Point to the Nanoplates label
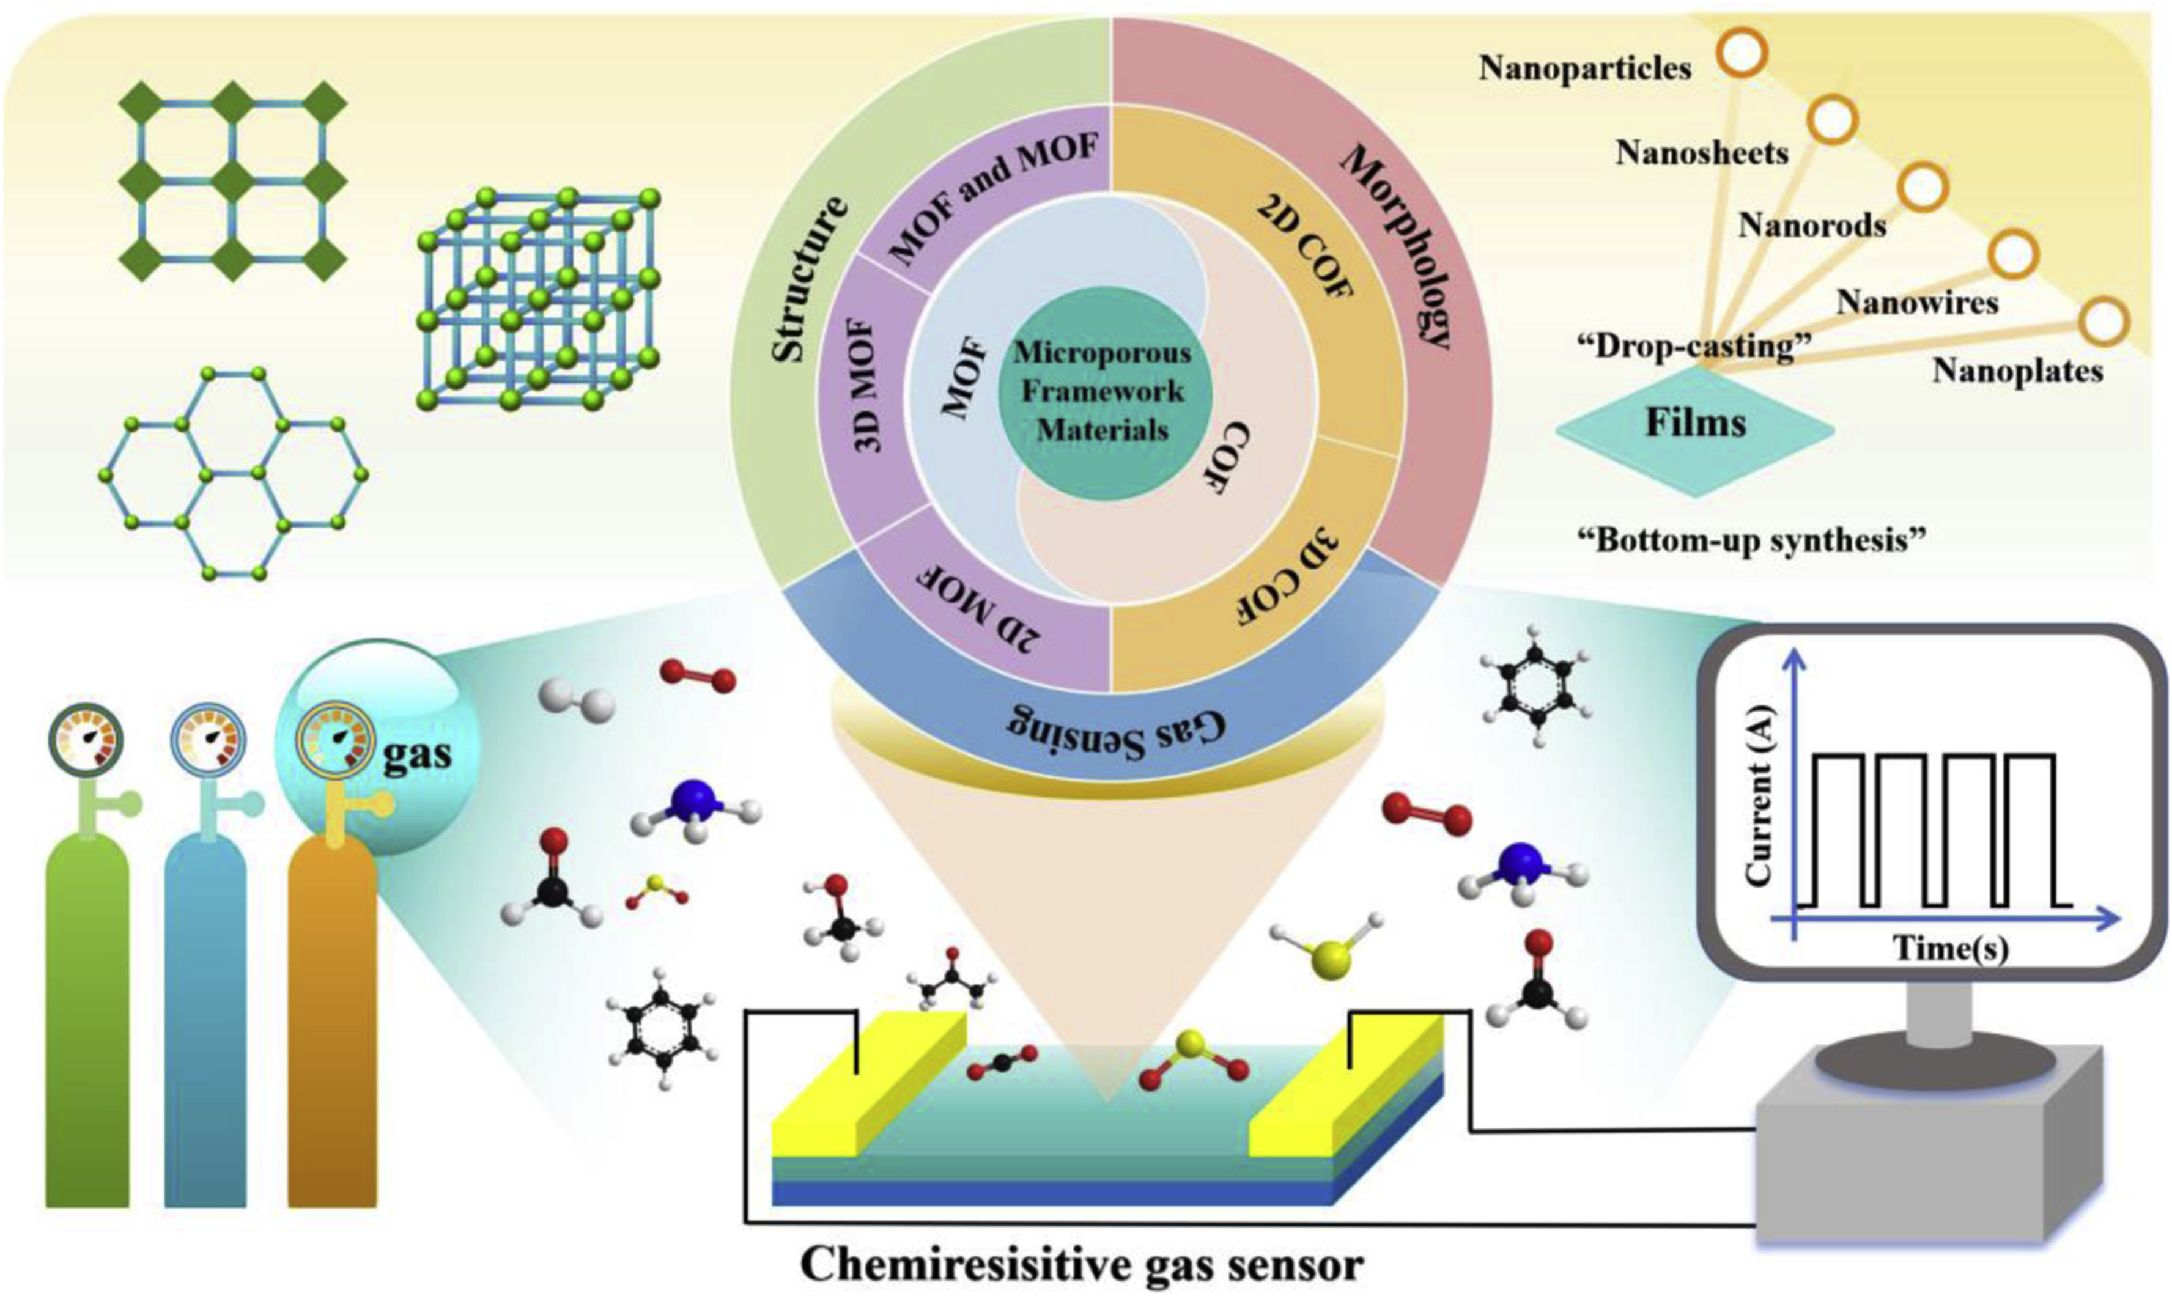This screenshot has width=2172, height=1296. pyautogui.click(x=2017, y=371)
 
